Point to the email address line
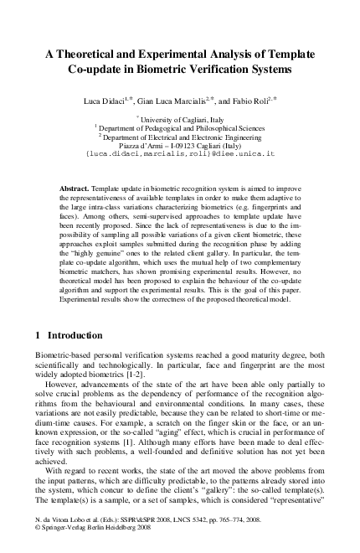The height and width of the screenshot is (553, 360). point(180,156)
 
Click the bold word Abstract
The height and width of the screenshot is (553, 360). point(77,190)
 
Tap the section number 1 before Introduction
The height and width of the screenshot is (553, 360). point(38,358)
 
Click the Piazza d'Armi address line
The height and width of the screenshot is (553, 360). point(180,147)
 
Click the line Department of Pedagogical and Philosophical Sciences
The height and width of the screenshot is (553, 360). point(180,129)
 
